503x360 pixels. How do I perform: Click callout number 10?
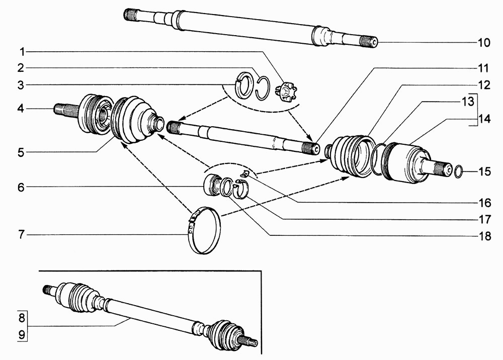[x=484, y=42]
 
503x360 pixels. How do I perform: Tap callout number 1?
[x=22, y=52]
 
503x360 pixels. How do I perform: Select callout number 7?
[x=22, y=235]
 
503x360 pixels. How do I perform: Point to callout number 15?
[x=485, y=171]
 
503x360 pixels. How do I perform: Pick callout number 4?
[x=21, y=109]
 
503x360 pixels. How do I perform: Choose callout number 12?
[x=484, y=85]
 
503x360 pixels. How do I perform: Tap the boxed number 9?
[x=22, y=335]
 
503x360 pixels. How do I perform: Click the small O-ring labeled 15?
[x=459, y=171]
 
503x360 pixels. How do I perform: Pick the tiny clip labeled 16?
[x=245, y=174]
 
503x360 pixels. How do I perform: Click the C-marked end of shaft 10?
[x=374, y=42]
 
